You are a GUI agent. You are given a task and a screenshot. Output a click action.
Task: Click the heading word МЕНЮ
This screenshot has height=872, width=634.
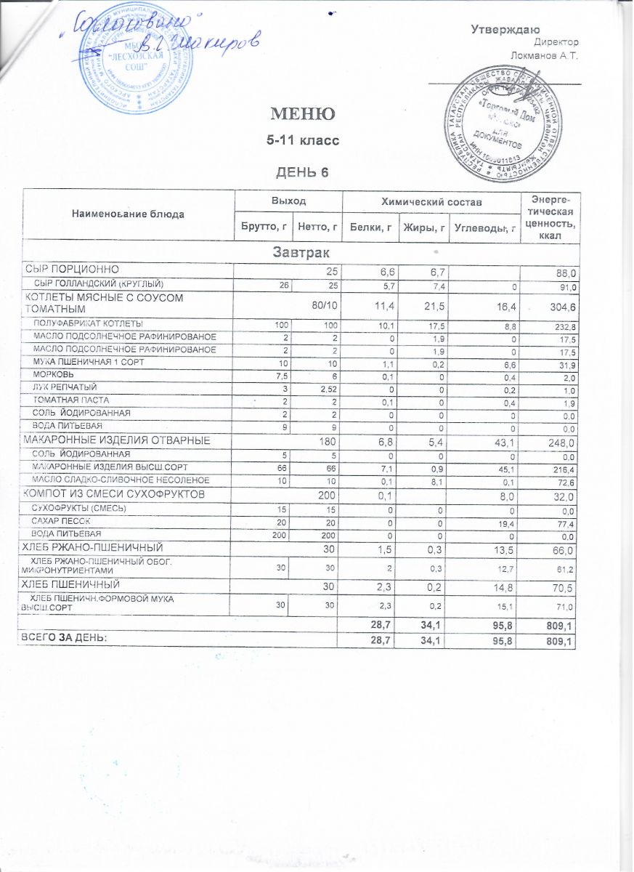303,114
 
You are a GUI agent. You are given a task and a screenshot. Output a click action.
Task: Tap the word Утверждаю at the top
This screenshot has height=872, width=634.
505,30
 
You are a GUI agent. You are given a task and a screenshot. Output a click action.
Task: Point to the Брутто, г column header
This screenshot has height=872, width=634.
260,227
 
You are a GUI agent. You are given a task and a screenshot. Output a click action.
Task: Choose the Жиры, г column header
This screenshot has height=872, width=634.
423,228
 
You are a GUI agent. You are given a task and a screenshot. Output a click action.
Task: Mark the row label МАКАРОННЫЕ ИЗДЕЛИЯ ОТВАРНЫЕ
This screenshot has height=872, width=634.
118,440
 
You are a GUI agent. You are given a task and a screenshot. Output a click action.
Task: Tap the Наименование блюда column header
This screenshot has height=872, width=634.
128,214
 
